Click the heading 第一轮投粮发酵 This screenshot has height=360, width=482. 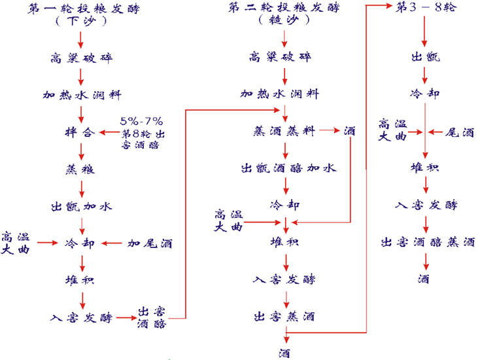click(x=82, y=9)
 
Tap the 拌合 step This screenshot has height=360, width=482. click(x=81, y=132)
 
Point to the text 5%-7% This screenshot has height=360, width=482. click(x=141, y=122)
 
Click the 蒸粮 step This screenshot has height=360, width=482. click(x=81, y=170)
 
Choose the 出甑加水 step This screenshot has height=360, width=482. click(x=81, y=207)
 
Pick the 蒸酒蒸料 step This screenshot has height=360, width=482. click(x=284, y=131)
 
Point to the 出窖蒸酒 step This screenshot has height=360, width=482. click(x=284, y=317)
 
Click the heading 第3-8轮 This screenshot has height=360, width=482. click(x=426, y=8)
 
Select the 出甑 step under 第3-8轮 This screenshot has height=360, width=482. click(x=426, y=57)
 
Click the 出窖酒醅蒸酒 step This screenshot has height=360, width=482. click(x=427, y=242)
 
